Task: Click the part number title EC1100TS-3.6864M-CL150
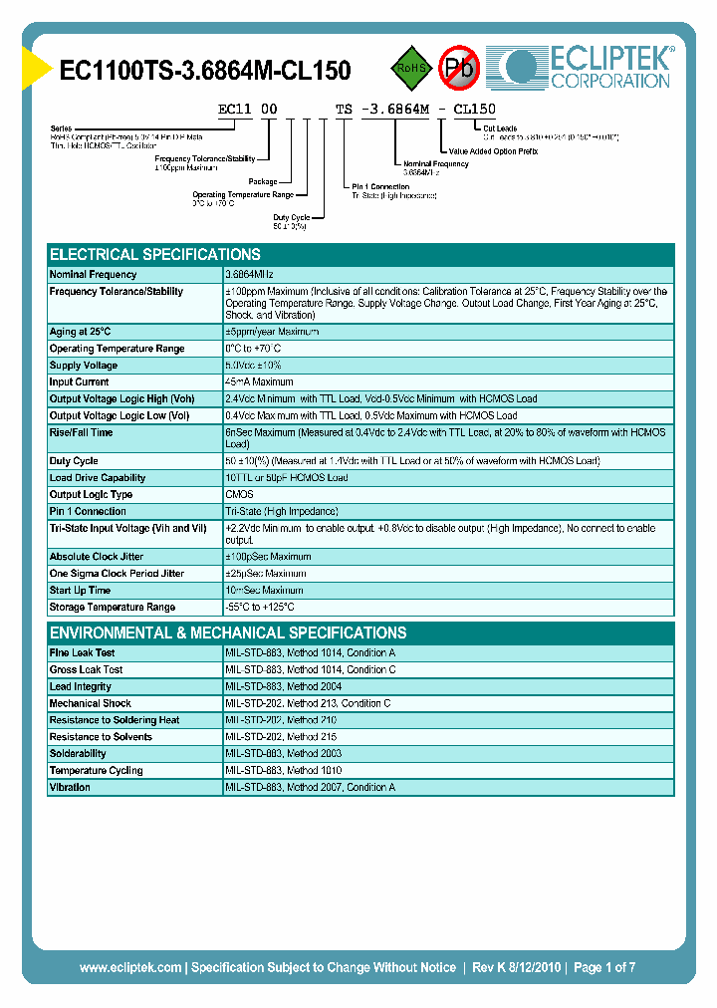tap(205, 70)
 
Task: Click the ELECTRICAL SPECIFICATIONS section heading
tap(155, 254)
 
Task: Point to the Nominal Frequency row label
tap(93, 275)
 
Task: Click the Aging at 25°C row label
tap(80, 332)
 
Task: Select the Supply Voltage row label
tap(84, 366)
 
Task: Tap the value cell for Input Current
tap(260, 382)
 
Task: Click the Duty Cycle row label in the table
tap(74, 461)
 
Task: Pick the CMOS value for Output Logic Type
tap(240, 495)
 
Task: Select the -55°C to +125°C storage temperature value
tap(260, 608)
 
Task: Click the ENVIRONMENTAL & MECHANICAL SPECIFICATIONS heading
tap(228, 632)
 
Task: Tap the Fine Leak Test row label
tap(83, 653)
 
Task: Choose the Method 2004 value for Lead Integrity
tap(284, 687)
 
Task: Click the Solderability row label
tap(78, 754)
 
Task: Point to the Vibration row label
tap(70, 788)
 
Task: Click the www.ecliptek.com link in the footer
tap(130, 967)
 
